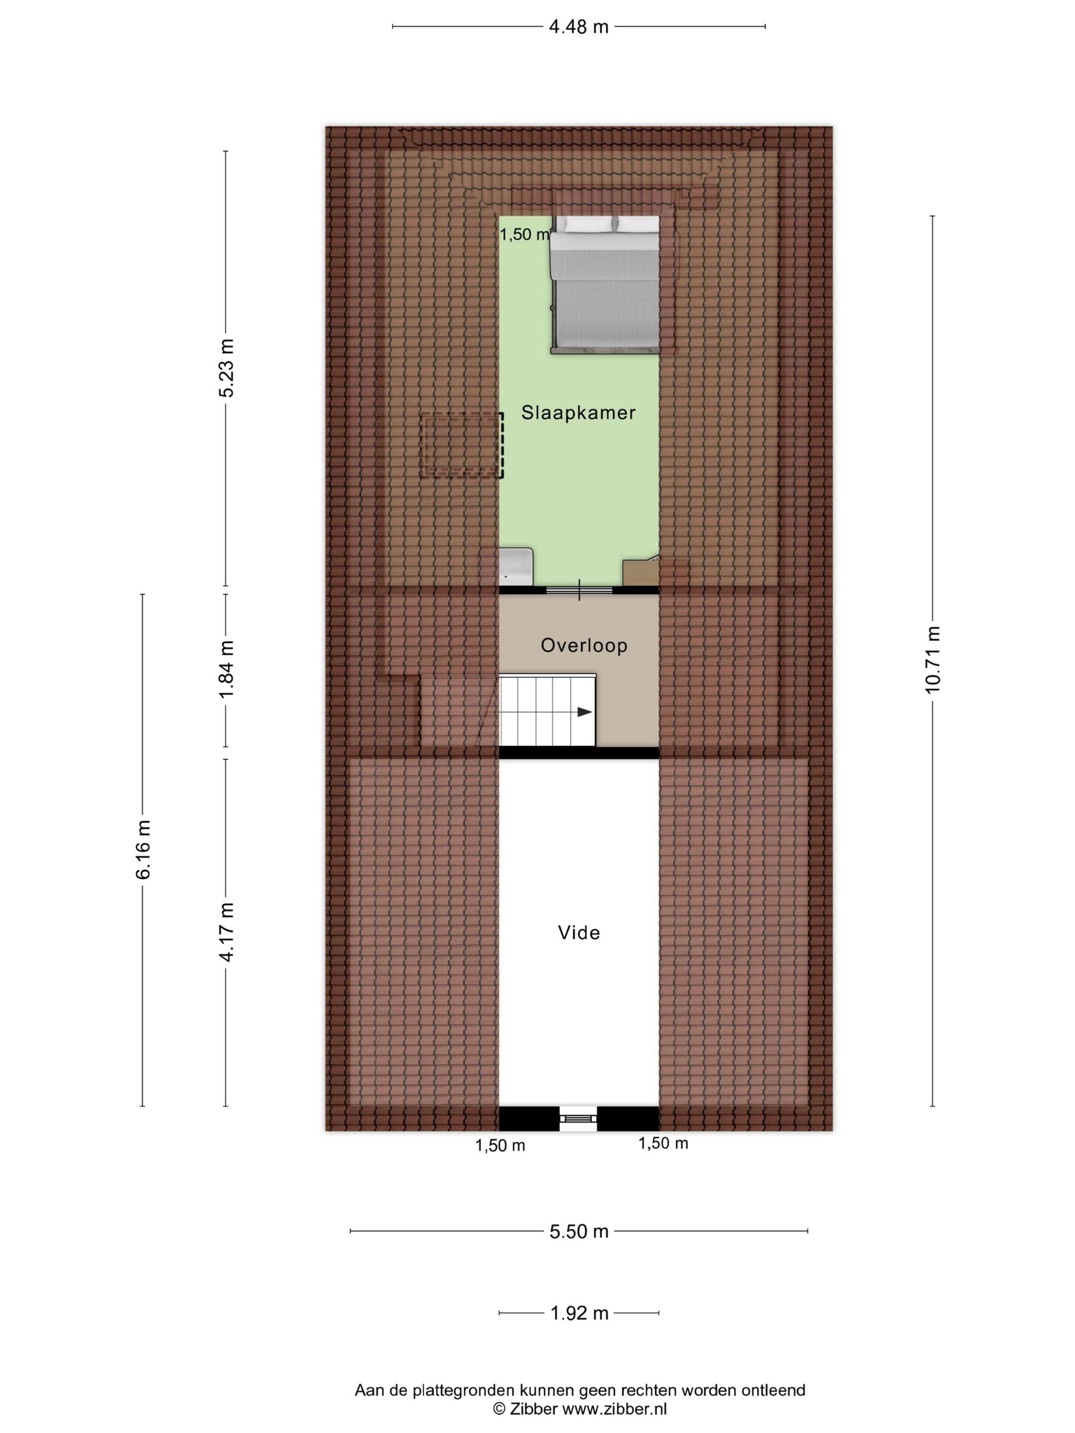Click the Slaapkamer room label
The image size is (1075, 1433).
578,412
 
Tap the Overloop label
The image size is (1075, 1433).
584,645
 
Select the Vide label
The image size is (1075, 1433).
579,933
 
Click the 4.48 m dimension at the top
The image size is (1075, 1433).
579,26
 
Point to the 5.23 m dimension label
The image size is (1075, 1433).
226,367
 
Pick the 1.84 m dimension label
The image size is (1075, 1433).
226,669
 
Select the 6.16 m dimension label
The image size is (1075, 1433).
143,849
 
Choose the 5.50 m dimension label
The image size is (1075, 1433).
579,1231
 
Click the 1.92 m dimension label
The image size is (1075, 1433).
579,1313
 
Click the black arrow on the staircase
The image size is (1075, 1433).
584,712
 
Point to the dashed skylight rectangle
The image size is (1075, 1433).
461,446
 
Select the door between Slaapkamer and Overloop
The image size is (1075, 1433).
579,590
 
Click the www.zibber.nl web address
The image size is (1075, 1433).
614,1409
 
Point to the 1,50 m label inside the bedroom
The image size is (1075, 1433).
525,234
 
